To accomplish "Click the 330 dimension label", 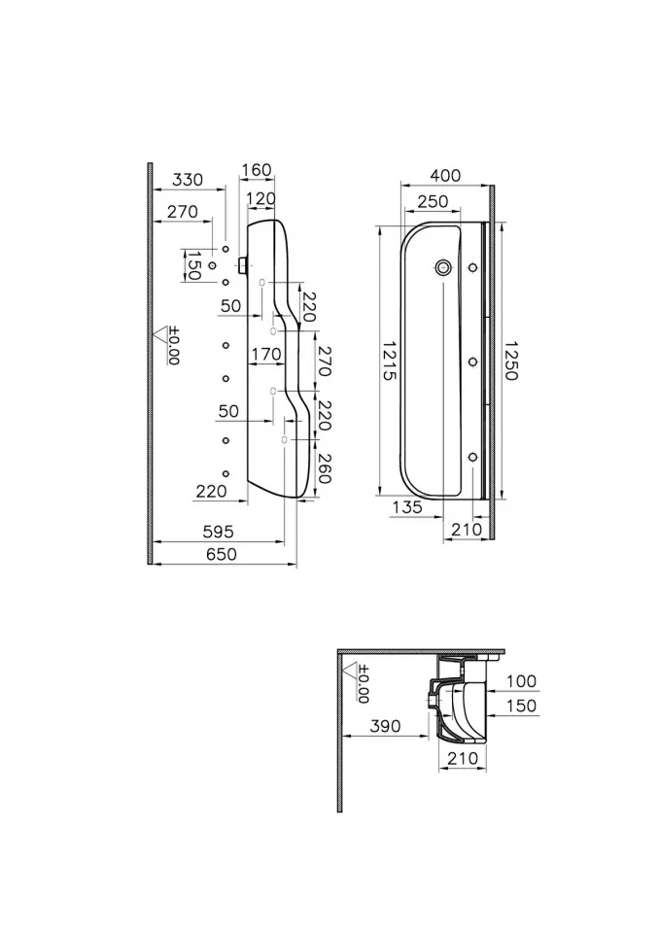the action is tap(188, 180).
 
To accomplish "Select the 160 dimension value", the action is tap(257, 170).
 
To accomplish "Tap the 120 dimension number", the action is tap(261, 198).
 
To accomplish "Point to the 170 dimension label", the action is tap(266, 355).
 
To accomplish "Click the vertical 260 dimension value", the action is tap(325, 467).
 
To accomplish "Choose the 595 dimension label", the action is tap(218, 532).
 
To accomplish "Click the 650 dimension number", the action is tap(221, 554).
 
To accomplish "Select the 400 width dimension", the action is tap(445, 175).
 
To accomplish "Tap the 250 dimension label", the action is tap(433, 201).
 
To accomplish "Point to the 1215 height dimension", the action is tap(390, 361).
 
